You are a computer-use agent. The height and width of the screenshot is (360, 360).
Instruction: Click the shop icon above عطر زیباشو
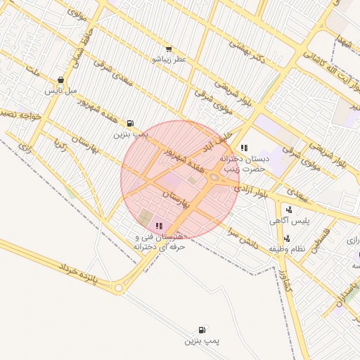click(169, 49)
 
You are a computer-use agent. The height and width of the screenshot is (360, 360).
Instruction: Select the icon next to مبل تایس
click(61, 80)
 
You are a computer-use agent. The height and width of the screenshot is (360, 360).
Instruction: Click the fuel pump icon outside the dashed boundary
click(202, 330)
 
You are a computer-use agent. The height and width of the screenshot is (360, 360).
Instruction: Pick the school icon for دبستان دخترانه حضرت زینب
click(244, 148)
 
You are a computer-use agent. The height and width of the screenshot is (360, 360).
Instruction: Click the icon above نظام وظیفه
click(287, 238)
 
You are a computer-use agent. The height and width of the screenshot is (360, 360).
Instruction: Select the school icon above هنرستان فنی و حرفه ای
click(159, 226)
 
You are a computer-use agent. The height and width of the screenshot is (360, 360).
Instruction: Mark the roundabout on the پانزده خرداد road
click(118, 288)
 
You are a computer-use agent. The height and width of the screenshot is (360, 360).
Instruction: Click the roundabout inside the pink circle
click(214, 178)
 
